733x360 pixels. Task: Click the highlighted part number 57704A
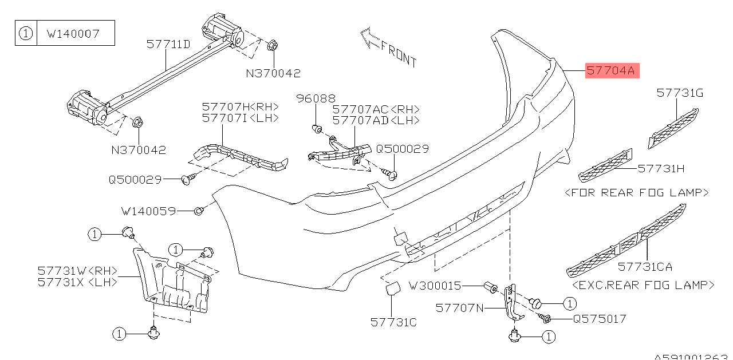click(611, 72)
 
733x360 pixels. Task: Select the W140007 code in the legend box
click(73, 34)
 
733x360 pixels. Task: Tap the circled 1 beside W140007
click(26, 34)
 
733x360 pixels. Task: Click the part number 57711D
click(168, 43)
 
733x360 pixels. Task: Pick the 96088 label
click(316, 99)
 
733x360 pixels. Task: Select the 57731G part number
click(680, 93)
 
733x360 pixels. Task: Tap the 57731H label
click(661, 168)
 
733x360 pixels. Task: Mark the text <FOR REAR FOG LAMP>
click(637, 193)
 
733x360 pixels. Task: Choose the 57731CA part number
click(645, 267)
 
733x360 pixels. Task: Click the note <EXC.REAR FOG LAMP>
click(643, 284)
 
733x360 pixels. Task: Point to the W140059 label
click(148, 211)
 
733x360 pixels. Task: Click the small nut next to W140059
click(198, 211)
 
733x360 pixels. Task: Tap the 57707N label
click(460, 308)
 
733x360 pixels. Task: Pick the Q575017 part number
click(600, 319)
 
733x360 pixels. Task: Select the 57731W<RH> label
click(78, 270)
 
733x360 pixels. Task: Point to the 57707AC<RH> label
click(376, 109)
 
